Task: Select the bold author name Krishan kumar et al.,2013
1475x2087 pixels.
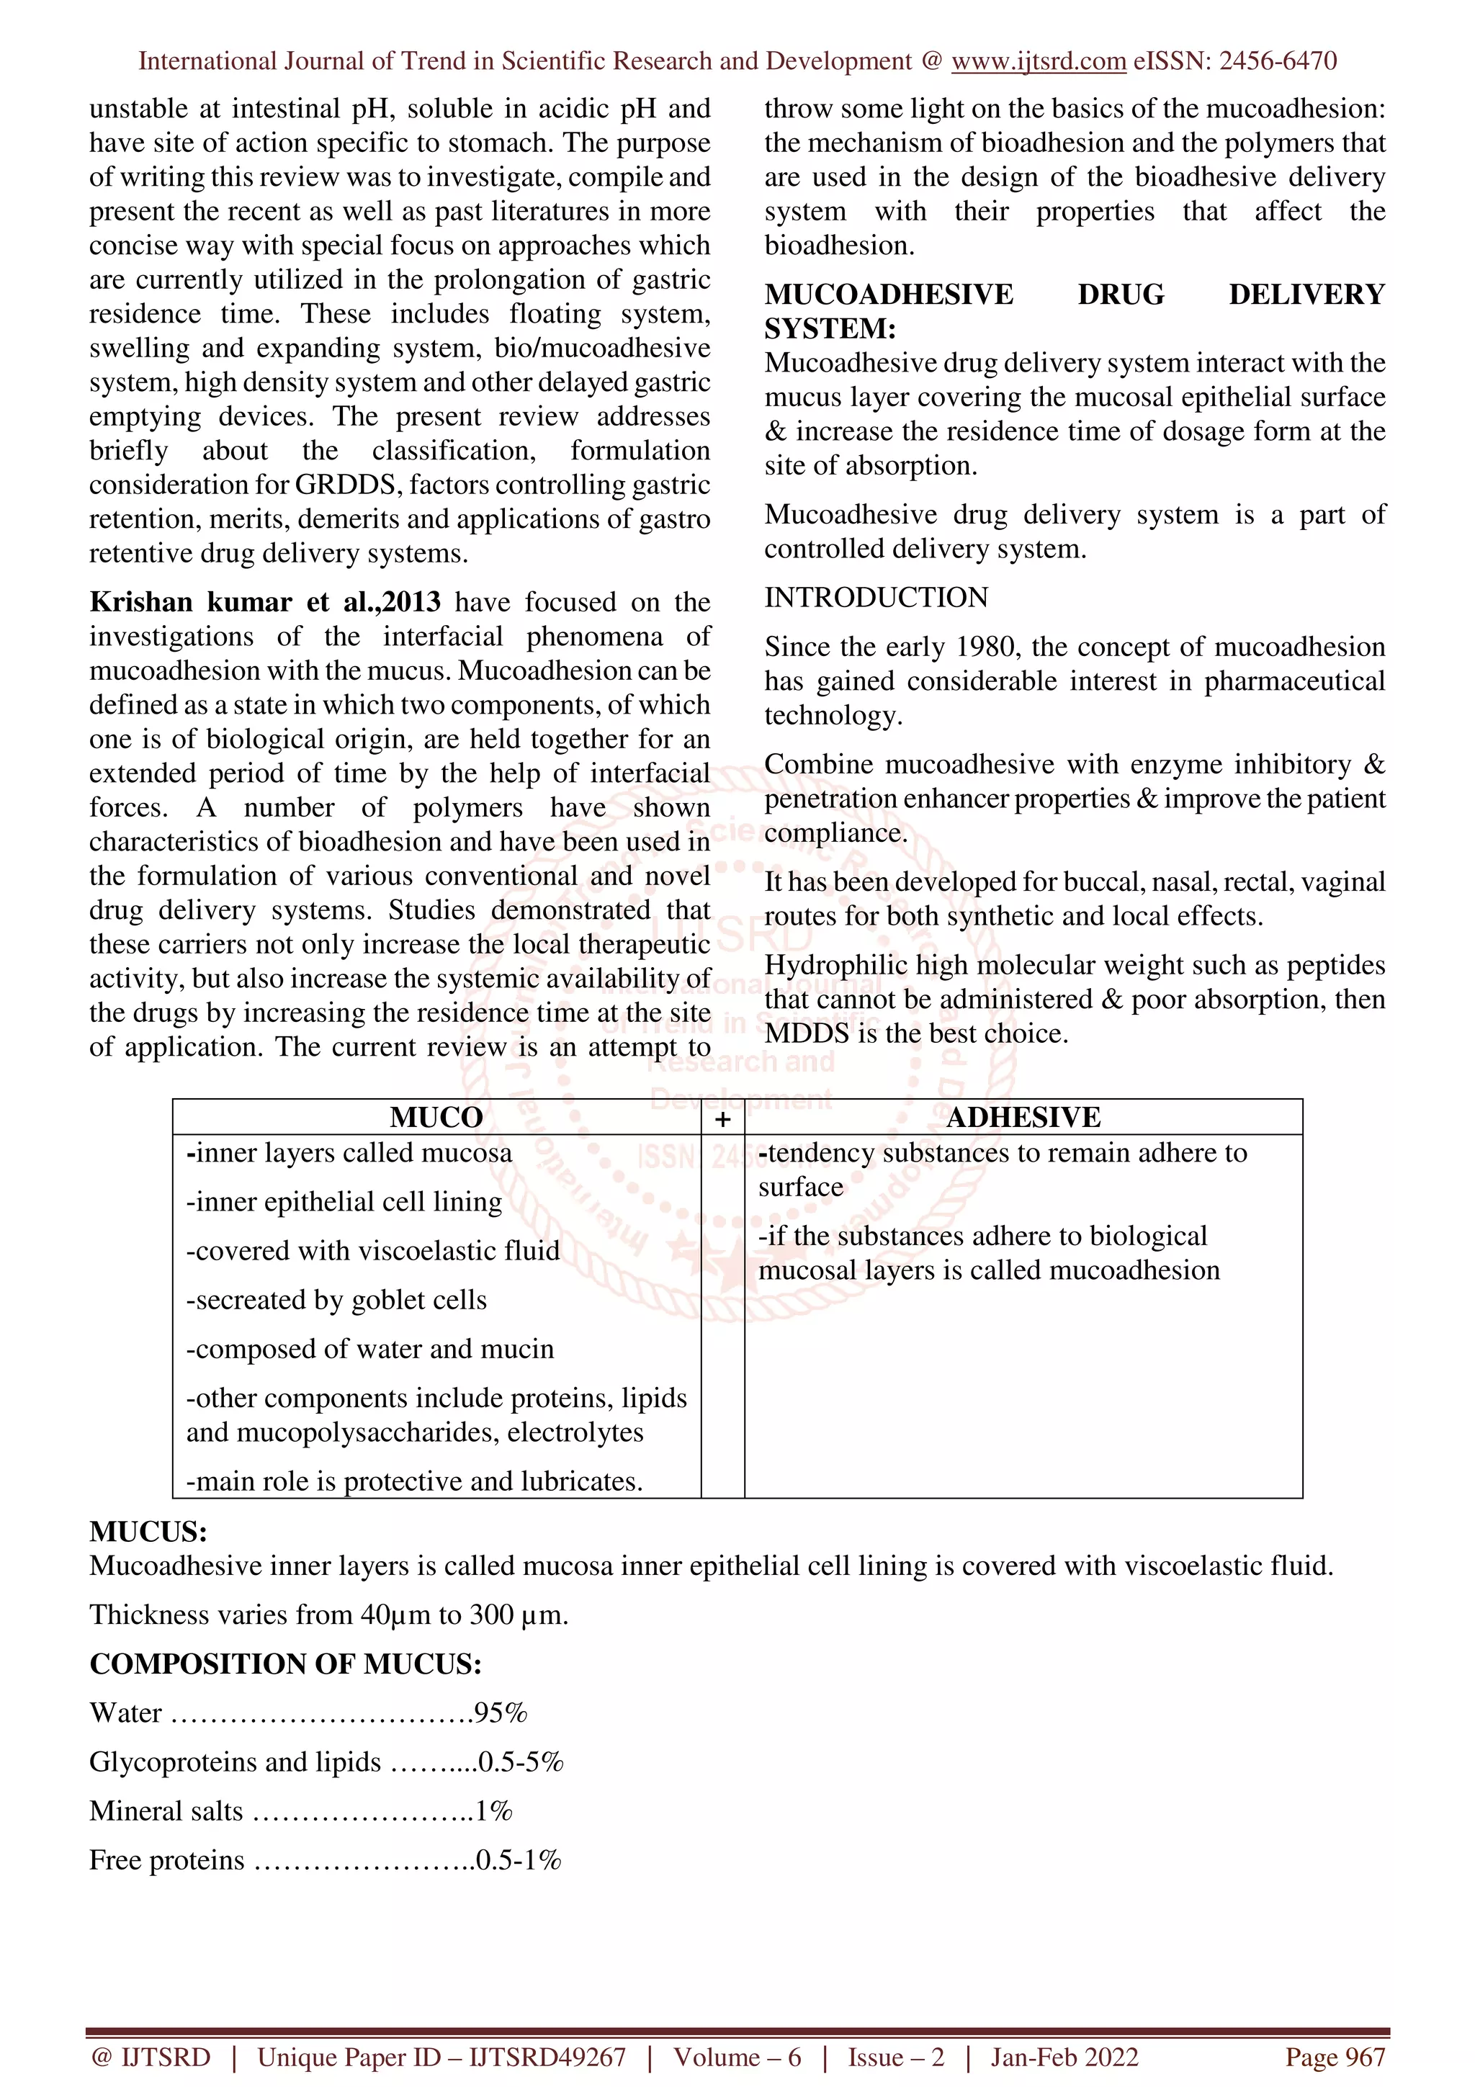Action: (264, 602)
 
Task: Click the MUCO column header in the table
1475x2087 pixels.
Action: (436, 1117)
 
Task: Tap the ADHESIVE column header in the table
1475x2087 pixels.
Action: (1023, 1117)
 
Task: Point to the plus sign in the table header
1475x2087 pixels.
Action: (722, 1119)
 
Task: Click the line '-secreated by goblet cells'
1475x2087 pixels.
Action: (336, 1300)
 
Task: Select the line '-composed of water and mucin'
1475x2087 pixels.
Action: (370, 1349)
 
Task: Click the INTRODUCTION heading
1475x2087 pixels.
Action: (876, 597)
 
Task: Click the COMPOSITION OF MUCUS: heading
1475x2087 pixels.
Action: (285, 1664)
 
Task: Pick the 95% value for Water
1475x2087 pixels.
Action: (501, 1713)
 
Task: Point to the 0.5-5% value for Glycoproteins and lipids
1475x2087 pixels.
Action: (521, 1762)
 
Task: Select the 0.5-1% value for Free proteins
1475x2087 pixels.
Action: (518, 1861)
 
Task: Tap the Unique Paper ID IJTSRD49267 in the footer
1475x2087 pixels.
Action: (441, 2057)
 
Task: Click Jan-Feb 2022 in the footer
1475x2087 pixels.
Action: (1064, 2057)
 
